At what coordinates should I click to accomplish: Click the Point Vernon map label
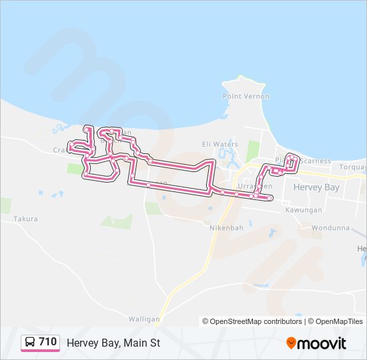246,97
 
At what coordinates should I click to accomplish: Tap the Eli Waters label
220,144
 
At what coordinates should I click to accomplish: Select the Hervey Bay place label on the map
317,188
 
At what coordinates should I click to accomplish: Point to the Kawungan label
304,210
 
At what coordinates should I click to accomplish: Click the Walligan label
145,319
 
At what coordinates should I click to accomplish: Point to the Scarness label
315,161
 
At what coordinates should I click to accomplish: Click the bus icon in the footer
30,342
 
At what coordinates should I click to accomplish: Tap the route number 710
48,342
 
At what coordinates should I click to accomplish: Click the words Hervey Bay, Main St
113,343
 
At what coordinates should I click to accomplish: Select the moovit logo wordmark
322,343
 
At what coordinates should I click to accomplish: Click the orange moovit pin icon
291,343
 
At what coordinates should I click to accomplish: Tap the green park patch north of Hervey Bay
252,152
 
